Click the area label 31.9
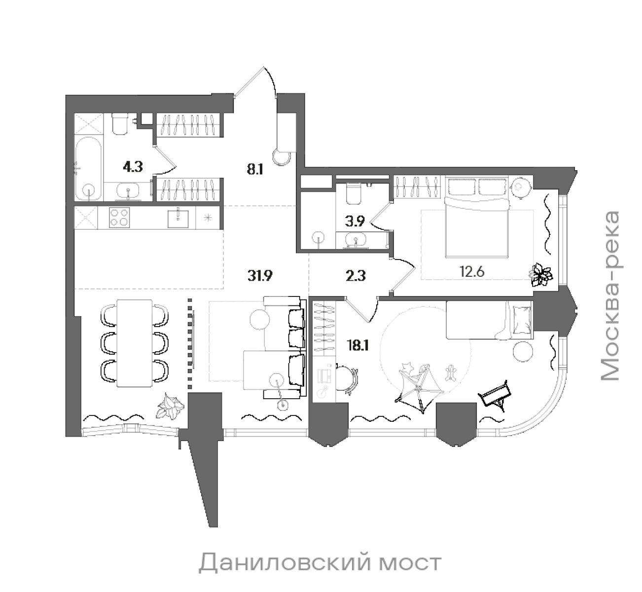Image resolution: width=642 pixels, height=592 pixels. tap(260, 276)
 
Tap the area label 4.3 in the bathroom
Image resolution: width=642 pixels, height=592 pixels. tap(133, 167)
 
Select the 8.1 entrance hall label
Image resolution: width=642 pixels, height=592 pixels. tap(255, 170)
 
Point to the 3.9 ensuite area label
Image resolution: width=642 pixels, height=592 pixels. tap(355, 222)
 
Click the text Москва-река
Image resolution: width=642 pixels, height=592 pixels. tap(610, 296)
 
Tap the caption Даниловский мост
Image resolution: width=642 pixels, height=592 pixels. tap(320, 563)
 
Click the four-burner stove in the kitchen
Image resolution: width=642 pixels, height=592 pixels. tap(119, 218)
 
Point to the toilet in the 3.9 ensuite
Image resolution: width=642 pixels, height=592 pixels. tap(354, 194)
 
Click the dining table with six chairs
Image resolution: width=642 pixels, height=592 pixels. tap(134, 343)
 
